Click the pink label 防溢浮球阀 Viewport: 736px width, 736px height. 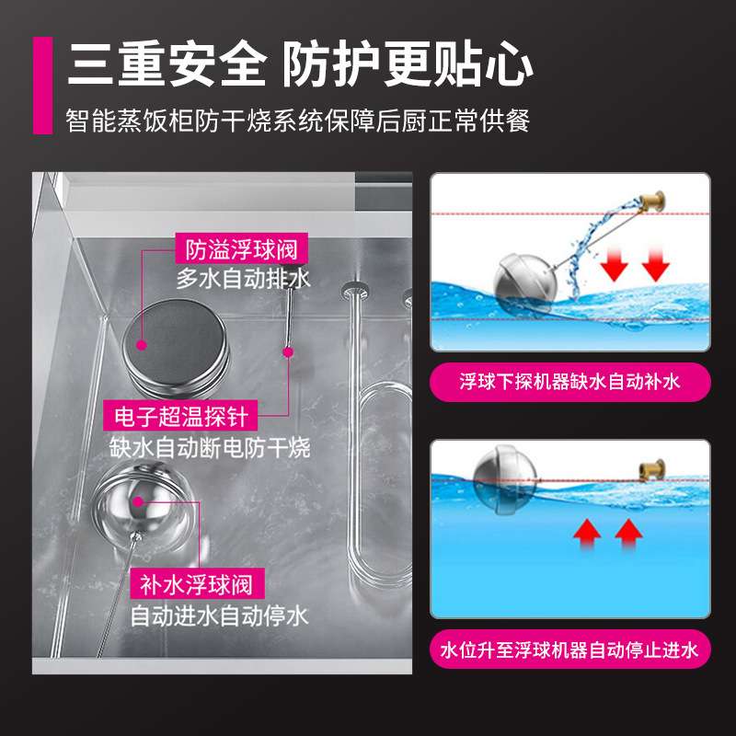241,248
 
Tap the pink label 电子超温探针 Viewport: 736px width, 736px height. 180,416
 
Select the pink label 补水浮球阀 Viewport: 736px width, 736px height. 197,584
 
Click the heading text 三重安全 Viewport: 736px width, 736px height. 167,63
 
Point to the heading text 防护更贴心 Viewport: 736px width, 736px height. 408,63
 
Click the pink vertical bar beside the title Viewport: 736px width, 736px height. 42,86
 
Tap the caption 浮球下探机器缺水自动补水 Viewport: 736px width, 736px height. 569,382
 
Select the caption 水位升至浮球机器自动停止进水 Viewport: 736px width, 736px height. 569,650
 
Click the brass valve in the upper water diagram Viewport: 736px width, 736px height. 653,201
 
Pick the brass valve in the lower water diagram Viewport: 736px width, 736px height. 652,470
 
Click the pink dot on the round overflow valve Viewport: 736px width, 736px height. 142,346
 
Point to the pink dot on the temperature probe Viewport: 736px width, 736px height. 288,352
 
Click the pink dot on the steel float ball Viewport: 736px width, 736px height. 138,501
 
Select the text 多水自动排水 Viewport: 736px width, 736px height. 243,279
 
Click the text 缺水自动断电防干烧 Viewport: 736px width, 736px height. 210,447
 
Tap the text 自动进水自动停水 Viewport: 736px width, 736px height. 219,615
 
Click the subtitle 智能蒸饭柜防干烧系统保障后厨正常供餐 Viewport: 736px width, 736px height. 298,121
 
